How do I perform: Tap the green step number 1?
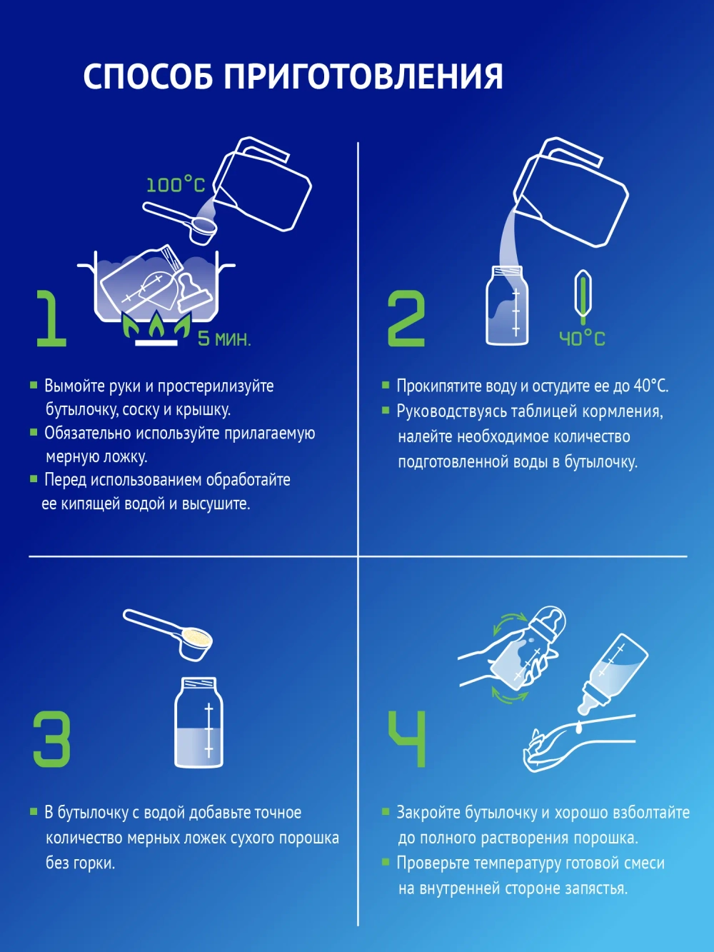(50, 319)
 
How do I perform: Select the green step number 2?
(406, 319)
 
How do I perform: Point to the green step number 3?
(51, 739)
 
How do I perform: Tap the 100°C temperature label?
(175, 185)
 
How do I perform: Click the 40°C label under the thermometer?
(581, 339)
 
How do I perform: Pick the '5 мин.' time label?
(224, 339)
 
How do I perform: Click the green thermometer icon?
(583, 294)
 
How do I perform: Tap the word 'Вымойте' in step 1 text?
(71, 386)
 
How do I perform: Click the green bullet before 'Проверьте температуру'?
(386, 863)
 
